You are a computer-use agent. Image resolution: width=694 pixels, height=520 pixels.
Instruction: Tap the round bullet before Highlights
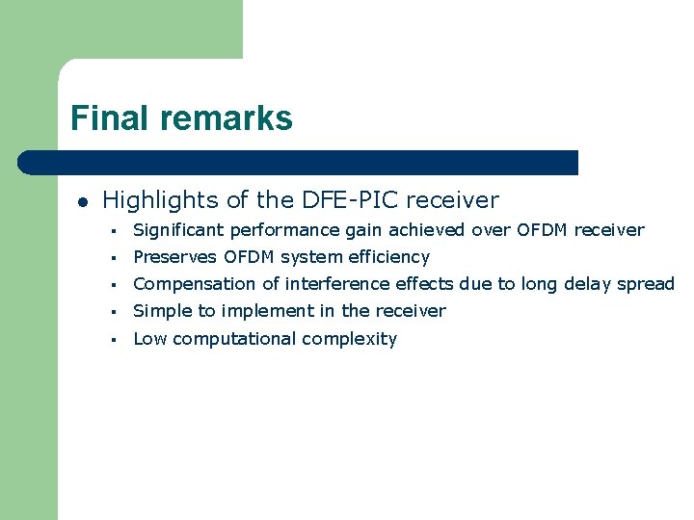coord(83,202)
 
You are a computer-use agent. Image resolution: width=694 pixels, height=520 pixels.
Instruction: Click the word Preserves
coord(174,257)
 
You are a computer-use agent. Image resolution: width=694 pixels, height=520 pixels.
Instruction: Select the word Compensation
coord(191,284)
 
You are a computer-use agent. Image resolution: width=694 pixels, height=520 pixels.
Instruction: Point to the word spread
coord(648,284)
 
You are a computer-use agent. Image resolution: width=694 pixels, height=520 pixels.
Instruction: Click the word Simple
coord(159,311)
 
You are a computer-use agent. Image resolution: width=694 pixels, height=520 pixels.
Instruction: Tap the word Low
coord(148,339)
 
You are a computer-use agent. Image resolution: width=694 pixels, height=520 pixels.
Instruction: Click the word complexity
coord(350,339)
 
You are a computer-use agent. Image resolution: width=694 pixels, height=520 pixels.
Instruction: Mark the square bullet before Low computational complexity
coord(114,340)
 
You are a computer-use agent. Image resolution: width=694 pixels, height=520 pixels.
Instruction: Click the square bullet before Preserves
coord(114,258)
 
